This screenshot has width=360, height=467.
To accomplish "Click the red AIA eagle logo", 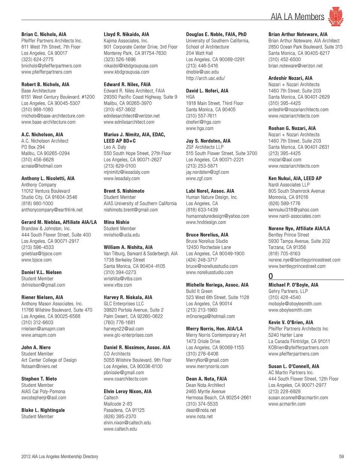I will pyautogui.click(x=336, y=16).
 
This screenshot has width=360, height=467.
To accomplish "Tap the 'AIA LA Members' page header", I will pyautogui.click(x=297, y=17).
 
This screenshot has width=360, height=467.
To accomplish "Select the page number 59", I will pyautogui.click(x=341, y=457).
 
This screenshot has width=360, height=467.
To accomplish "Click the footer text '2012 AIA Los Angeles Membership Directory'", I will pyautogui.click(x=60, y=457).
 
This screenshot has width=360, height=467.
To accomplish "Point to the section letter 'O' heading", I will pyautogui.click(x=271, y=276).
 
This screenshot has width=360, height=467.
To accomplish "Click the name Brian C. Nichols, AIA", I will pyautogui.click(x=44, y=34).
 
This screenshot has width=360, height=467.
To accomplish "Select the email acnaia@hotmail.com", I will pyautogui.click(x=42, y=166).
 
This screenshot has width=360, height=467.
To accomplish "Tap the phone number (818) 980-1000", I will pyautogui.click(x=37, y=203).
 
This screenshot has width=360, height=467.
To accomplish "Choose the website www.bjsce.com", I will pyautogui.click(x=36, y=260).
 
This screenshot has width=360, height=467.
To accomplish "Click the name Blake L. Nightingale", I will pyautogui.click(x=43, y=410).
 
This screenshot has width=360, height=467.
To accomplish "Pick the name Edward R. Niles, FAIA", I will pyautogui.click(x=127, y=85).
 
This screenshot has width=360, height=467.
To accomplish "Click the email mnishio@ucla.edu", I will pyautogui.click(x=121, y=235).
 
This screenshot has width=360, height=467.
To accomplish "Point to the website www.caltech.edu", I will pyautogui.click(x=120, y=429).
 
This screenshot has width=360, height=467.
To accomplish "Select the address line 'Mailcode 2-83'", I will pyautogui.click(x=118, y=404).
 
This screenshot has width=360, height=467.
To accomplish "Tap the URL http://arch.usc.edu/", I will pyautogui.click(x=205, y=78).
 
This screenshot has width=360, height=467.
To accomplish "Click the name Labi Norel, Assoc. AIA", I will pyautogui.click(x=210, y=191).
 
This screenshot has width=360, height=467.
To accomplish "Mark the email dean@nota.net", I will pyautogui.click(x=201, y=410).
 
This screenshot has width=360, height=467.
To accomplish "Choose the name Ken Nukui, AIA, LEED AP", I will pyautogui.click(x=295, y=179).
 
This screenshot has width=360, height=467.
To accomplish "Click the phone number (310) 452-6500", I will pyautogui.click(x=285, y=60).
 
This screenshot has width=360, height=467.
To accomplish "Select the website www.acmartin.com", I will pyautogui.click(x=287, y=404).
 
